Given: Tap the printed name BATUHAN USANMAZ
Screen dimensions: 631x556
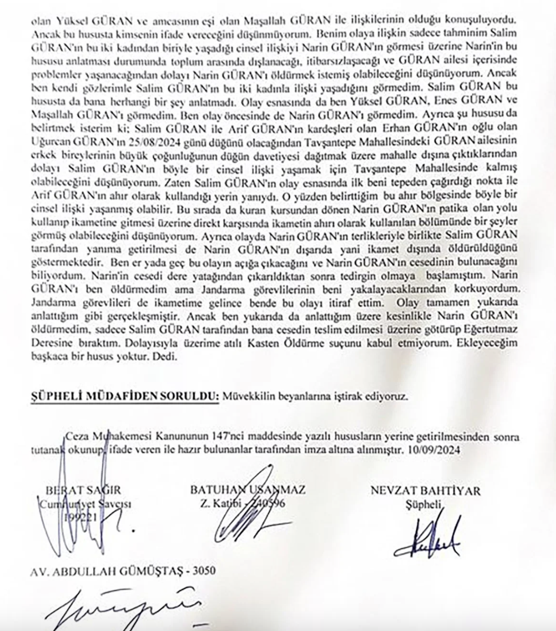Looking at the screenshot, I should (x=247, y=490).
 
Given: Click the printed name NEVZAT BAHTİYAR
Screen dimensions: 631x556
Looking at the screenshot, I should (x=425, y=491).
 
